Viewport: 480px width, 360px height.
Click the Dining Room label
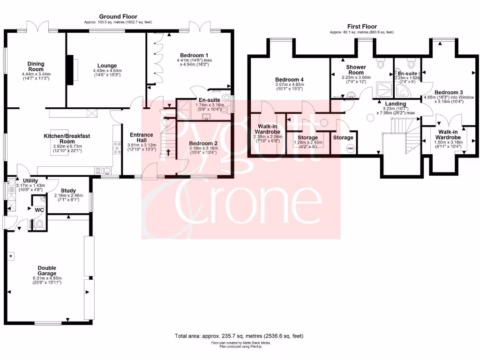[x=36, y=67]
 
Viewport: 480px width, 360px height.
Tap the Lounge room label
[x=107, y=66]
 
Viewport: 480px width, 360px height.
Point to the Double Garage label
[x=47, y=270]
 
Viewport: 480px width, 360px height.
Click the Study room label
[x=68, y=190]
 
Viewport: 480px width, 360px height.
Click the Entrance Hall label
[x=142, y=138]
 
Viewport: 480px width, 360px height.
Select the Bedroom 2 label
[x=203, y=143]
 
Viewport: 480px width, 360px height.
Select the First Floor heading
[x=361, y=27]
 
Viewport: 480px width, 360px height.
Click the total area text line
[x=239, y=336]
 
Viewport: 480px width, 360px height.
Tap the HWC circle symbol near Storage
[x=350, y=149]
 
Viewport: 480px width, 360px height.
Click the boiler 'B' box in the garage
[x=11, y=256]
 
